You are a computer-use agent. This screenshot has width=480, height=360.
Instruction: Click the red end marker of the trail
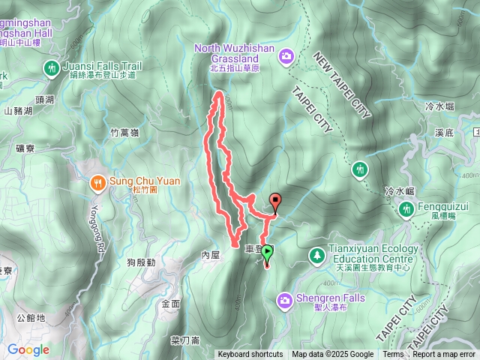click(275, 201)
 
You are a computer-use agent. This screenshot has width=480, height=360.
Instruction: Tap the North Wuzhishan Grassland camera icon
click(286, 56)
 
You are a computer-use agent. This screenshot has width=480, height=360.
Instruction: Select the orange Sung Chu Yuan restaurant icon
click(97, 181)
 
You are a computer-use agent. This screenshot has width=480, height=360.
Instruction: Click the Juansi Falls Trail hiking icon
click(52, 67)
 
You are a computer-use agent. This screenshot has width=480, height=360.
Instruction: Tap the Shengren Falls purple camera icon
click(285, 301)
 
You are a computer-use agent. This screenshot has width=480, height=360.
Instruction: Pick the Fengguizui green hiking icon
click(406, 209)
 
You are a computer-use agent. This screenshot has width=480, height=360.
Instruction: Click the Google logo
click(28, 349)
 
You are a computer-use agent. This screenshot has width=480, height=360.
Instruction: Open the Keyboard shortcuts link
click(250, 355)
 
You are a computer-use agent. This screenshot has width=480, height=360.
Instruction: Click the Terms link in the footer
click(393, 355)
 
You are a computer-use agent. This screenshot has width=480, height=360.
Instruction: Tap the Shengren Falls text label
click(330, 298)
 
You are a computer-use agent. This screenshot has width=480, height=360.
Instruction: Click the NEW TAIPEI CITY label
click(341, 85)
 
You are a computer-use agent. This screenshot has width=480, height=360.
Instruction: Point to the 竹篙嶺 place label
click(124, 133)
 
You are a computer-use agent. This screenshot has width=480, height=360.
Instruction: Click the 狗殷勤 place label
click(141, 262)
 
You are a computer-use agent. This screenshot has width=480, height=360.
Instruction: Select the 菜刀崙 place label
click(184, 340)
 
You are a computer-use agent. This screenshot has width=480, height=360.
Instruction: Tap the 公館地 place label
click(30, 318)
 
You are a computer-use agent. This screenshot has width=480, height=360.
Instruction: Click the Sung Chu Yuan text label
click(143, 181)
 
